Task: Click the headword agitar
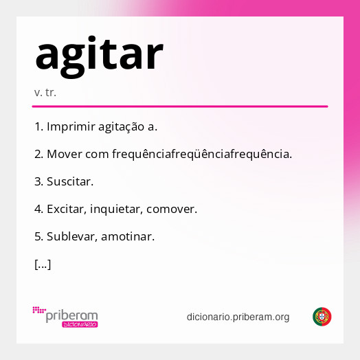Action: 99,54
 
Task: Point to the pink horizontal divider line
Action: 179,106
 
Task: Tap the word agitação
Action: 121,126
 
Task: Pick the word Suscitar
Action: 70,181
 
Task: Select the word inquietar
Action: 122,209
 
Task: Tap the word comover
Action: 172,209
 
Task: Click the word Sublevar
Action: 72,236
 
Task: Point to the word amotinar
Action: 128,236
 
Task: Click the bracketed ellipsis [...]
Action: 43,264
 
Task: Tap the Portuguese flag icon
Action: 322,317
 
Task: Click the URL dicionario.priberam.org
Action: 238,317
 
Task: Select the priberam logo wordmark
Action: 71,315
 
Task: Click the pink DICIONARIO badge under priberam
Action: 79,324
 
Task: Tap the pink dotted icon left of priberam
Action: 38,311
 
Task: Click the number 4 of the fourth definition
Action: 38,209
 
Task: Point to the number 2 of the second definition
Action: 38,154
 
